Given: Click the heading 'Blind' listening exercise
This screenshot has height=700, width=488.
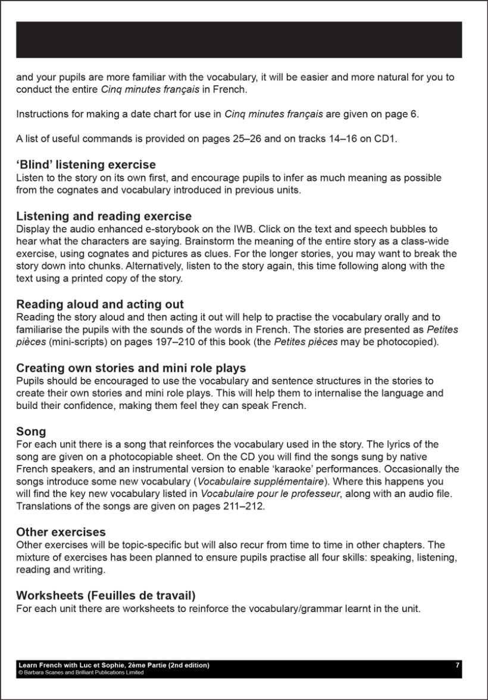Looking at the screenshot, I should [x=86, y=165].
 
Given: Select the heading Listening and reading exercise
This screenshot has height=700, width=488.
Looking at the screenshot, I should [x=104, y=216].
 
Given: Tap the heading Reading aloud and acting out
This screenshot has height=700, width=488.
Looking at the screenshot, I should [x=100, y=305].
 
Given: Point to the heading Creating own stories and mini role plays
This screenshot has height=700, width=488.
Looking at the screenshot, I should [x=131, y=368].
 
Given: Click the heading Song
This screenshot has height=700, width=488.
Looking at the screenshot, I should [x=31, y=432].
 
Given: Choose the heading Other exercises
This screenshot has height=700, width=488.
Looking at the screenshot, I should [x=61, y=532].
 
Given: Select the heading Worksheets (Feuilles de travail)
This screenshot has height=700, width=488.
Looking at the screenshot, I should [x=106, y=595].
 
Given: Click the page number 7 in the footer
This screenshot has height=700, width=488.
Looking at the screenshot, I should [x=457, y=665].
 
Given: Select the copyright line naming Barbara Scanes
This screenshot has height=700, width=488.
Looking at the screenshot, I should [x=81, y=673].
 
